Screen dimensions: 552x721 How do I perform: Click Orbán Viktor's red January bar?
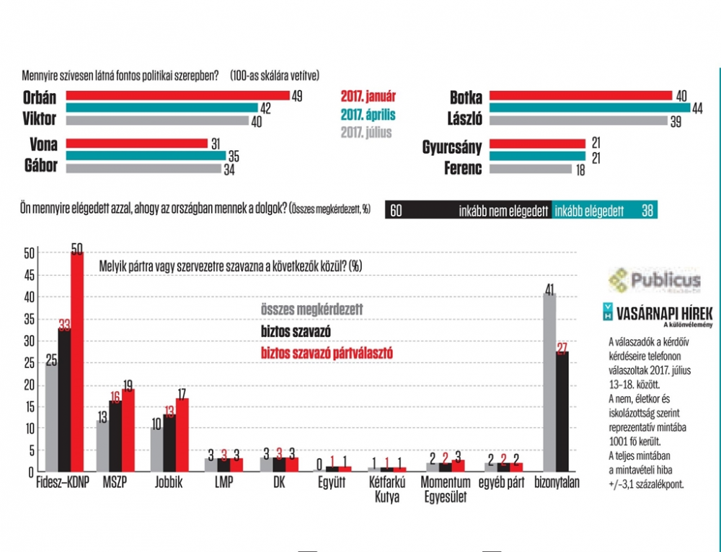click(177, 95)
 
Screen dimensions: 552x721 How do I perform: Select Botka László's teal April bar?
click(585, 108)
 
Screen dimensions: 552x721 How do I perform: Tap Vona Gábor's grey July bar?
click(143, 169)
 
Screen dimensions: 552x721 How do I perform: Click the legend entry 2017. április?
click(368, 115)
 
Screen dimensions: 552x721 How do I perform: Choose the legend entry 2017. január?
click(368, 96)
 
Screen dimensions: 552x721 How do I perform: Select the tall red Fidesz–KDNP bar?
click(76, 361)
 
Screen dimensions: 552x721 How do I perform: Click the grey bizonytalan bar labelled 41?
click(549, 382)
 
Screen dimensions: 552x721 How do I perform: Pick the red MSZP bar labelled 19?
click(128, 430)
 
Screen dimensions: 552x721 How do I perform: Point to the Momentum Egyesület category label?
click(446, 488)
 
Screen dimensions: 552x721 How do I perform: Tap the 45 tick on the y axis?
click(28, 275)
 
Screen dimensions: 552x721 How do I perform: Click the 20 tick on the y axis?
click(28, 384)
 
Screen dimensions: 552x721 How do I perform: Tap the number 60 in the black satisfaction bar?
click(396, 211)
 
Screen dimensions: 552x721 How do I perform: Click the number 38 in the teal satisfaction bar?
click(647, 211)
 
